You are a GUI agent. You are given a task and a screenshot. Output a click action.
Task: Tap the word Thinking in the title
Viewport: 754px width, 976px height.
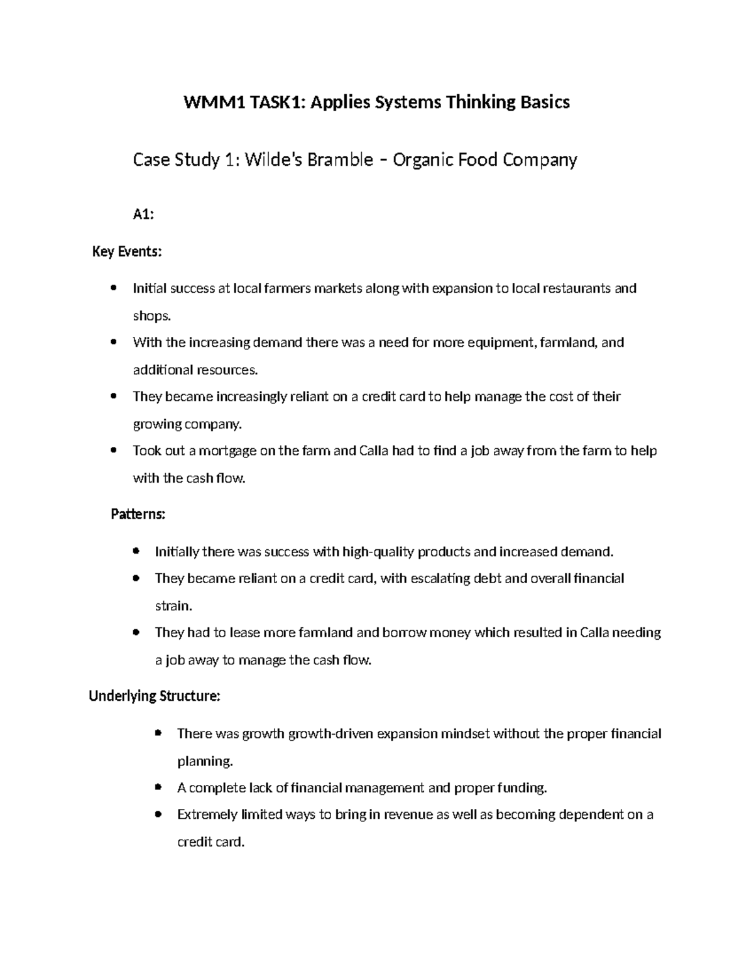(479, 102)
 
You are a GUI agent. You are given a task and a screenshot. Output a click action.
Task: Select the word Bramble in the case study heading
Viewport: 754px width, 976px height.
(344, 160)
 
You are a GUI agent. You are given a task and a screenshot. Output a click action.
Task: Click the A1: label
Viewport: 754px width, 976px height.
(143, 215)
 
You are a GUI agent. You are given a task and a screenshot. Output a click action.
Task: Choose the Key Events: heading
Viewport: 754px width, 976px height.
(127, 252)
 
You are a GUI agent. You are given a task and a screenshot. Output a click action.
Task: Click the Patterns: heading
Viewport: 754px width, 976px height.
(138, 514)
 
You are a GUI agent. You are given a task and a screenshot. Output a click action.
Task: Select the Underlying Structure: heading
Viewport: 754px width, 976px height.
(155, 696)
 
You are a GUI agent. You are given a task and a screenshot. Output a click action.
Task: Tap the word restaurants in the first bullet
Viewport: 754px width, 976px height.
(572, 288)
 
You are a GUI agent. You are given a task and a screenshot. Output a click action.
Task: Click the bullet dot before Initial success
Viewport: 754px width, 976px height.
(113, 288)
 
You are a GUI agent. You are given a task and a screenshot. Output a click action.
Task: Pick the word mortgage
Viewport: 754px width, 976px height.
(231, 451)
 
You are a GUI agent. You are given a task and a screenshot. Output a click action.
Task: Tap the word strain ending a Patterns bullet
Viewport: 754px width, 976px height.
(173, 606)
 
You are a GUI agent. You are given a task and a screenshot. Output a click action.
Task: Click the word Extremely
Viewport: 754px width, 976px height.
(207, 814)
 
